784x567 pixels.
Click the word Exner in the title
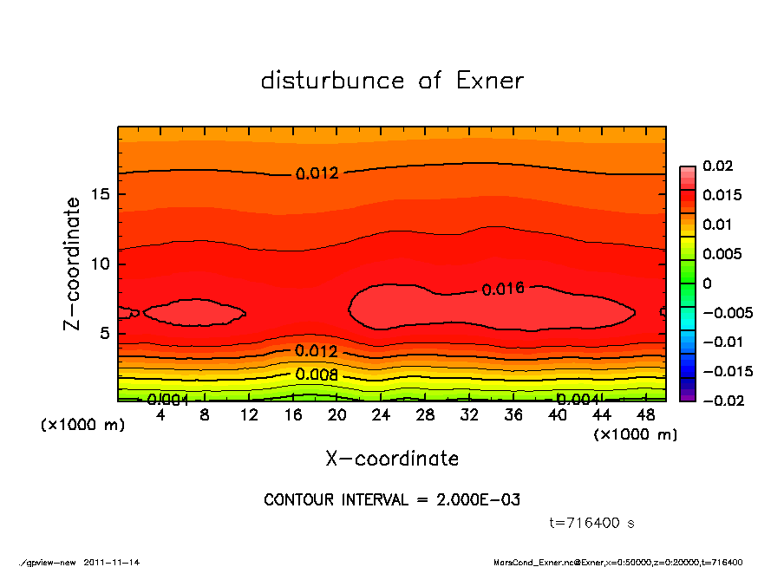coord(489,81)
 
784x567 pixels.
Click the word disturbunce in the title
coord(332,81)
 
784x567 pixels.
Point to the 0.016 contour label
coord(503,289)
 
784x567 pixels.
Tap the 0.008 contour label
coord(317,375)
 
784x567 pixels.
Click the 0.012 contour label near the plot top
coord(317,173)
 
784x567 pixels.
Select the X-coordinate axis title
coord(392,459)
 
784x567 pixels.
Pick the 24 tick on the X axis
coord(382,415)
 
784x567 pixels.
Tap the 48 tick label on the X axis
coord(646,415)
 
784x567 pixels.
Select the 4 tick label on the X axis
coord(160,415)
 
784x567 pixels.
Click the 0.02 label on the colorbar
coord(717,166)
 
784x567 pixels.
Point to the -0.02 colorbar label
coord(722,401)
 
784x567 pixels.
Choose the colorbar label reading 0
coord(707,283)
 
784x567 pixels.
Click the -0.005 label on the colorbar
coord(727,312)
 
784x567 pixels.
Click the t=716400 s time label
coord(592,523)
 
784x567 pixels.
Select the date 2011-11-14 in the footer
coord(112,562)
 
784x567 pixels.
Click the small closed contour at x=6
coord(194,312)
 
